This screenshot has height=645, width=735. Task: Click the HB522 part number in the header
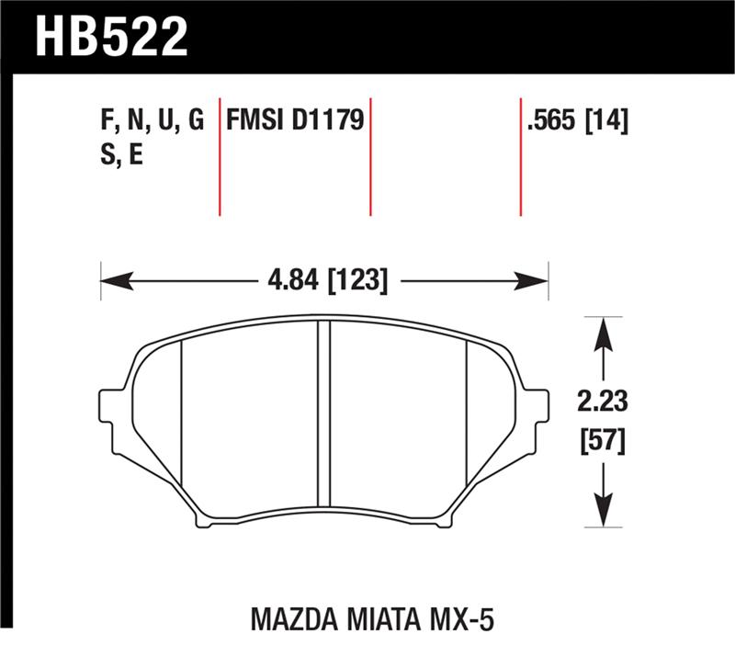point(111,36)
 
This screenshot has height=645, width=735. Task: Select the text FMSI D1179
point(296,120)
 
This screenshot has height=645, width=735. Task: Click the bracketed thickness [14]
point(606,120)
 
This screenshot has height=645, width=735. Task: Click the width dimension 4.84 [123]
point(323,279)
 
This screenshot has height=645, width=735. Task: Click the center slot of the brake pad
point(323,413)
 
